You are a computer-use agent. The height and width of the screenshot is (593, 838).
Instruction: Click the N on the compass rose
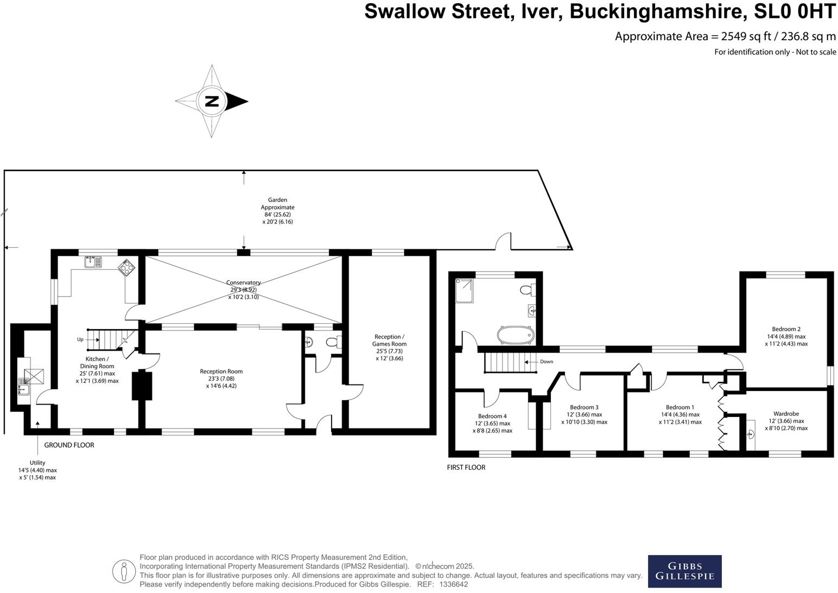point(212,101)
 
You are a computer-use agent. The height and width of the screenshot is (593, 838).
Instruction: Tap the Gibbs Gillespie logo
point(684,571)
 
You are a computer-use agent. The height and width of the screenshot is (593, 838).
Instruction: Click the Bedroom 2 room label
point(786,329)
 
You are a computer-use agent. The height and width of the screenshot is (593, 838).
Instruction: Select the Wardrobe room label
point(786,413)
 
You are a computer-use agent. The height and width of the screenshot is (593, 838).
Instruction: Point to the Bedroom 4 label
point(492,416)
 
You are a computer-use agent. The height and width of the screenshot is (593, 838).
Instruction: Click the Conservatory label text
point(243,282)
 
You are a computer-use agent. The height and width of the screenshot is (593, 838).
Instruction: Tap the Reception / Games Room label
point(389,340)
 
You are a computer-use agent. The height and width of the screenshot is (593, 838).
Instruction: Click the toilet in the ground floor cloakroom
point(334,342)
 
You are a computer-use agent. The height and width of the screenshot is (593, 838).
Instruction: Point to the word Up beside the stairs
point(80,339)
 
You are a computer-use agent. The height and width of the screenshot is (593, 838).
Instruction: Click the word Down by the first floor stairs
point(546,362)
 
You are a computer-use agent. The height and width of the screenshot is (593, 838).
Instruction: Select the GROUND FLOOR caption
point(69,445)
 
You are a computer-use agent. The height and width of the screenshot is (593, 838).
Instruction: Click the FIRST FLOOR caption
point(466,467)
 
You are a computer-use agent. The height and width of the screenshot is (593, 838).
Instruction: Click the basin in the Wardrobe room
point(751,434)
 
